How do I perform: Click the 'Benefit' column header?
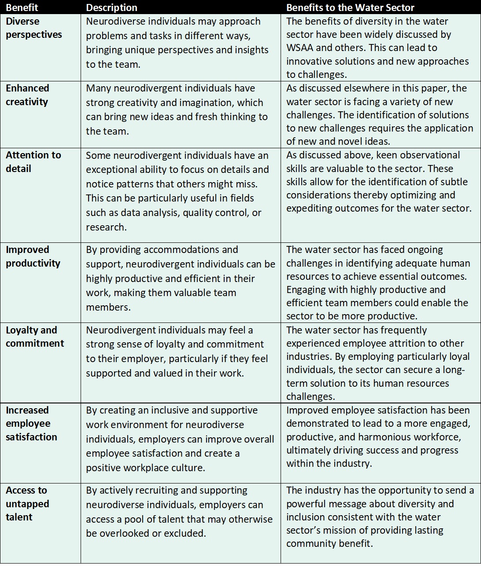22,7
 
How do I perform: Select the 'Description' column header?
111,7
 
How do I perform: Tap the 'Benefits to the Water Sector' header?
350,7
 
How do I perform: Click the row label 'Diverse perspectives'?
33,28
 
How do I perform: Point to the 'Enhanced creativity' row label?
27,95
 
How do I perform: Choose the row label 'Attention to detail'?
33,161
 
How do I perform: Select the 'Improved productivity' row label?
33,256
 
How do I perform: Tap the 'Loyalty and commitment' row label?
34,337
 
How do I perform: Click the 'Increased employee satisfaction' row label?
31,423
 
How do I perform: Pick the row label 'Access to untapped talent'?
27,503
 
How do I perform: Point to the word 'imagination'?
204,103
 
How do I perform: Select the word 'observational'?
432,155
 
